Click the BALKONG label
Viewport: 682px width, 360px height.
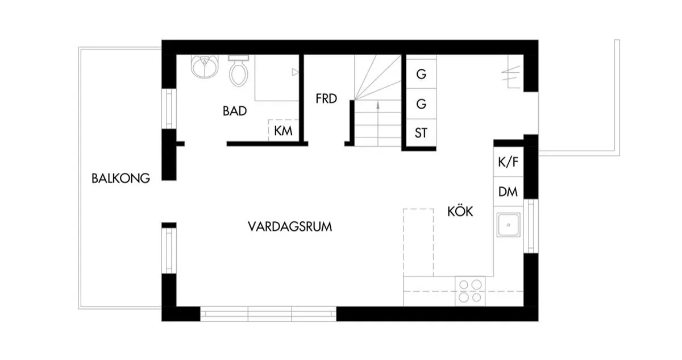120,178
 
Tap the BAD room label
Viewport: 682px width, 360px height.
235,111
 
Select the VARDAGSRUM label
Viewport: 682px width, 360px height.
290,226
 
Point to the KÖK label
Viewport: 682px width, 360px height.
460,212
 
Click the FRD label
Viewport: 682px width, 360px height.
327,99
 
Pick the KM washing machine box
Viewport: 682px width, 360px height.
283,131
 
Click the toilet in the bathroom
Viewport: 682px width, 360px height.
238,71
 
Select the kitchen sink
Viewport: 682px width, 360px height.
508,225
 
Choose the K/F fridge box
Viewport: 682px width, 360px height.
508,163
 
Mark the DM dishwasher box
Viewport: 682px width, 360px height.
508,192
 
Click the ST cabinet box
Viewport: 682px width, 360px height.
421,134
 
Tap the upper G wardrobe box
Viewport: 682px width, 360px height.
421,74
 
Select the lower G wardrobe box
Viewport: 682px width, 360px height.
421,104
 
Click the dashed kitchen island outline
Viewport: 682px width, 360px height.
418,242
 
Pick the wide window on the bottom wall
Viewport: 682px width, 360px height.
268,313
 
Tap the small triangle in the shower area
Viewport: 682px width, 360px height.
294,72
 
